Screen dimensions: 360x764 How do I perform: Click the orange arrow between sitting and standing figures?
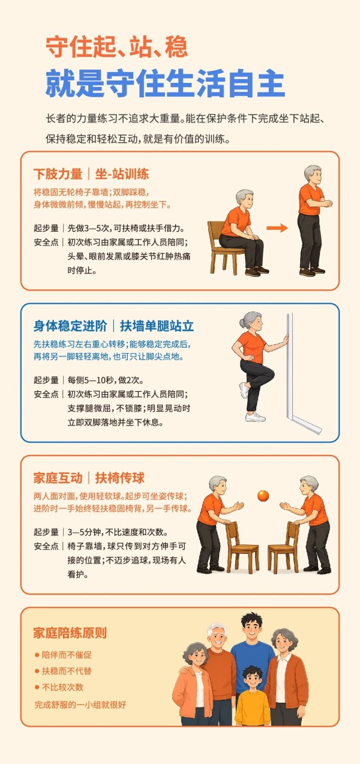(277, 228)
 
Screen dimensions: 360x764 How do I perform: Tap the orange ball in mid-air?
(263, 496)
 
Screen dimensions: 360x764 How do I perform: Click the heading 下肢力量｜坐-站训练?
(91, 174)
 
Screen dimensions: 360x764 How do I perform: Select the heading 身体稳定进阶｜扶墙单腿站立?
(113, 326)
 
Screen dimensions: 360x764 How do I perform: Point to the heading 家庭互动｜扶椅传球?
(89, 478)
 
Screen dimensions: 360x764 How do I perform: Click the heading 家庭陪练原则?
(70, 633)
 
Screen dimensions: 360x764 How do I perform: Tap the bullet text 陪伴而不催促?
(67, 655)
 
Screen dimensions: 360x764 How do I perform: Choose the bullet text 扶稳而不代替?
(67, 671)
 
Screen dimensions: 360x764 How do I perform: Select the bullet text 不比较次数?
(62, 687)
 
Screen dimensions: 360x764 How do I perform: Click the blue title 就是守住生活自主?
(165, 83)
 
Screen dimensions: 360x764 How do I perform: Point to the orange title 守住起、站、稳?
(116, 47)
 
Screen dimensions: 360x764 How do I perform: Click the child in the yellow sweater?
(253, 696)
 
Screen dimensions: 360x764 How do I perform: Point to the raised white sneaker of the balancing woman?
(244, 390)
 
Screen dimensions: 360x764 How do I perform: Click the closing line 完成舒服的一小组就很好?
(80, 705)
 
